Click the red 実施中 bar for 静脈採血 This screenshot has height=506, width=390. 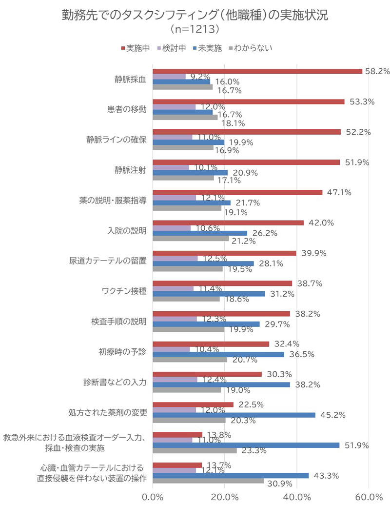pyautogui.click(x=257, y=71)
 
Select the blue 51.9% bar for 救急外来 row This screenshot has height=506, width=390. pyautogui.click(x=246, y=445)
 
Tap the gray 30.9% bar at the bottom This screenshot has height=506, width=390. pyautogui.click(x=208, y=481)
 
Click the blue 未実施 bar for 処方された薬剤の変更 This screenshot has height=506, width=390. pyautogui.click(x=234, y=415)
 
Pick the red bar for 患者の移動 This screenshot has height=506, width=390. pyautogui.click(x=249, y=101)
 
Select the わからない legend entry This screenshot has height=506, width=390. pyautogui.click(x=250, y=48)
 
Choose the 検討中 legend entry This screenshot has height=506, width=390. pyautogui.click(x=171, y=48)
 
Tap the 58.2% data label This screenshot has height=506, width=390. pyautogui.click(x=377, y=71)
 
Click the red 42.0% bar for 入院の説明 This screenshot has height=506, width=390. pyautogui.click(x=228, y=223)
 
